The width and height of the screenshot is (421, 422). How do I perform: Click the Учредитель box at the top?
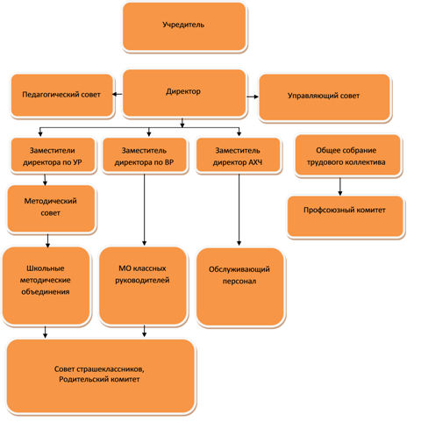pos(184,27)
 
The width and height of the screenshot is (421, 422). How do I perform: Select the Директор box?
pos(184,93)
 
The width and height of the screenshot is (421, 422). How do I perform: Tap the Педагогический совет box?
pos(62,96)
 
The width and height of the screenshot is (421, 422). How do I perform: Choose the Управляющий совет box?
pos(325,97)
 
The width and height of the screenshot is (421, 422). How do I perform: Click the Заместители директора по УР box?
pos(53,155)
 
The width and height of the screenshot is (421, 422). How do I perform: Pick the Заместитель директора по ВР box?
pos(145,155)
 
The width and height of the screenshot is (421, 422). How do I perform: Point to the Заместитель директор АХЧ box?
pos(239,155)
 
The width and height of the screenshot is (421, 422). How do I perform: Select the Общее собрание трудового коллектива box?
pos(347,155)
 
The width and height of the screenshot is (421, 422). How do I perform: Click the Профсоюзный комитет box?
pos(346,217)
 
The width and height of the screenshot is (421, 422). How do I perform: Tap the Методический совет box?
pos(51,209)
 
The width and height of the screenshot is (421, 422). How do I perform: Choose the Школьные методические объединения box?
pos(46,286)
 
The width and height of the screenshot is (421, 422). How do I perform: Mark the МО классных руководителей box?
pos(143,286)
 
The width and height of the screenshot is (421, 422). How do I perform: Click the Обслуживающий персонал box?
pos(240,287)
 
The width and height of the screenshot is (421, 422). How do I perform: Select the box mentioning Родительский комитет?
pos(101,376)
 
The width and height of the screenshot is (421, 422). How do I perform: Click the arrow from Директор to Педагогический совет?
pos(118,94)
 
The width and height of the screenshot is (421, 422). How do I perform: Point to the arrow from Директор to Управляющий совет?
pos(253,97)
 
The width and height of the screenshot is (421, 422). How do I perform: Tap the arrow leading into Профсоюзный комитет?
pos(340,186)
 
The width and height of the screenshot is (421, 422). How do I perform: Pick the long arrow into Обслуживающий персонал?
pos(239,210)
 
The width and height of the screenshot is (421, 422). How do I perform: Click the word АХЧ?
pos(255,162)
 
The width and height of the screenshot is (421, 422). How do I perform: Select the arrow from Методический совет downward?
pos(47,240)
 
